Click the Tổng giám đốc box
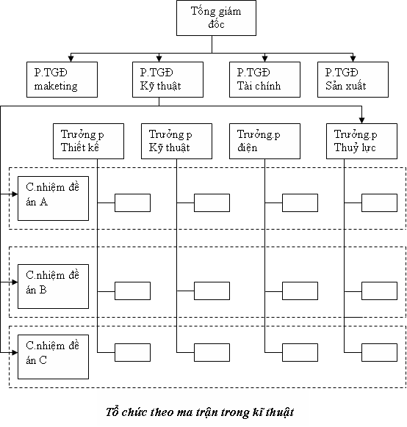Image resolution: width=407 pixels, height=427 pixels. click(216, 18)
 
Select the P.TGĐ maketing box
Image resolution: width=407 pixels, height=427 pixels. click(62, 79)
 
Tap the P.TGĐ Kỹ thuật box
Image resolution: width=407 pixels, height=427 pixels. click(168, 79)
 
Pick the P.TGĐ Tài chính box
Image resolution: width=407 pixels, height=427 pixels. click(264, 79)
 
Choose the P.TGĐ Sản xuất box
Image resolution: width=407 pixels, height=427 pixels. click(353, 79)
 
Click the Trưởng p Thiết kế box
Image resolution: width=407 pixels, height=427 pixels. click(88, 141)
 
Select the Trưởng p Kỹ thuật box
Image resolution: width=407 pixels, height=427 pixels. click(176, 141)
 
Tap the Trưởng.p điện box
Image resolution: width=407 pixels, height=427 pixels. click(264, 141)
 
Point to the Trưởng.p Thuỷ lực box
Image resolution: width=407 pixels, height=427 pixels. click(361, 141)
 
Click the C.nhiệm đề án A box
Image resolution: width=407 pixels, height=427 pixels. click(53, 198)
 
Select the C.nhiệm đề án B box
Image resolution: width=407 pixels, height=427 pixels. click(53, 286)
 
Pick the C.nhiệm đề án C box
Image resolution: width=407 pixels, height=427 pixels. click(53, 357)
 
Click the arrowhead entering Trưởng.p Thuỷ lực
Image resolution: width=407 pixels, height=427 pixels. click(361, 120)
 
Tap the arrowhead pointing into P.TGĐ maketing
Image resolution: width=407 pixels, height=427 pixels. click(71, 59)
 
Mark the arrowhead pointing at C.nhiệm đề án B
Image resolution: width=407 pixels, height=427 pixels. click(15, 282)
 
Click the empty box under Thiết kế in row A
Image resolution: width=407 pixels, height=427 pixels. click(132, 203)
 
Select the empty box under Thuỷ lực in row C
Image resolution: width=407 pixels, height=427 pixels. click(379, 352)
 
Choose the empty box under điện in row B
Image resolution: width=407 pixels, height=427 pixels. click(300, 291)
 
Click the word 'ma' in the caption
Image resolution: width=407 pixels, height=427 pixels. click(184, 412)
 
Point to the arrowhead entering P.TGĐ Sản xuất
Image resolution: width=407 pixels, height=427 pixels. click(353, 59)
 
